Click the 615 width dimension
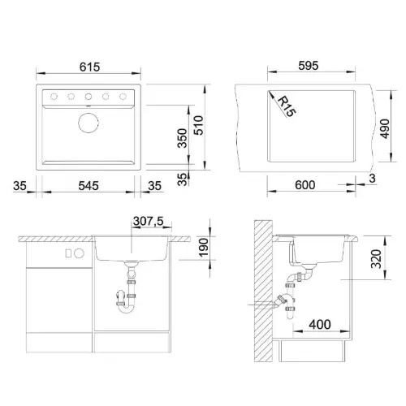(89, 67)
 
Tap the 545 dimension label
(89, 186)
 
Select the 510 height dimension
(199, 125)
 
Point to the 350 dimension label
(183, 138)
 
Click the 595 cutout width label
(309, 66)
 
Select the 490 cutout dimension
(385, 128)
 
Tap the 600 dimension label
(305, 185)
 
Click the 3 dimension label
(373, 179)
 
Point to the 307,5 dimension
(149, 221)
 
